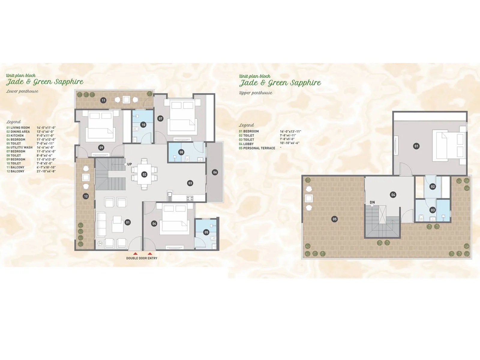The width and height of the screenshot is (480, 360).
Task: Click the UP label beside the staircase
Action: (x=130, y=164)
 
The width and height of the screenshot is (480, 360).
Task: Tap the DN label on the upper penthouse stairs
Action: (x=372, y=202)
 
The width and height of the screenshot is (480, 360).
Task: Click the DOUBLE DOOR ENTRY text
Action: (x=142, y=258)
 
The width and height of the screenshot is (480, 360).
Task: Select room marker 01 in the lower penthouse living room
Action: (x=128, y=222)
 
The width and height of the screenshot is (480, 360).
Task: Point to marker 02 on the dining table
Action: (x=144, y=174)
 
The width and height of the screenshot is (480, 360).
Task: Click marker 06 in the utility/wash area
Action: (x=215, y=172)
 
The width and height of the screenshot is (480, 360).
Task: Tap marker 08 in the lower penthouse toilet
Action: (x=181, y=152)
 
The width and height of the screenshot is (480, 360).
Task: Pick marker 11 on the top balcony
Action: (x=103, y=100)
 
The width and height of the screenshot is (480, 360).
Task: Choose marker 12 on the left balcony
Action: (x=86, y=196)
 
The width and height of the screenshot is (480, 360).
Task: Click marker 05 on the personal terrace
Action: (x=334, y=219)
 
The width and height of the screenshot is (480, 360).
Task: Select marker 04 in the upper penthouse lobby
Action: (x=393, y=195)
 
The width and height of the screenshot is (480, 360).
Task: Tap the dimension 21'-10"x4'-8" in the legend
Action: (x=46, y=171)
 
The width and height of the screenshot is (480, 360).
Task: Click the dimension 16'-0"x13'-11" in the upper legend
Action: (x=290, y=131)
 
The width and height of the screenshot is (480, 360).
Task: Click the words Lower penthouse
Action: (x=22, y=91)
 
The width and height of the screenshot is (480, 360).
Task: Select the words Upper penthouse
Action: (x=256, y=93)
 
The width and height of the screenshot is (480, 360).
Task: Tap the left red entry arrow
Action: (x=136, y=253)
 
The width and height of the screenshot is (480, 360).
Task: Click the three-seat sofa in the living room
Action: (x=101, y=225)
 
